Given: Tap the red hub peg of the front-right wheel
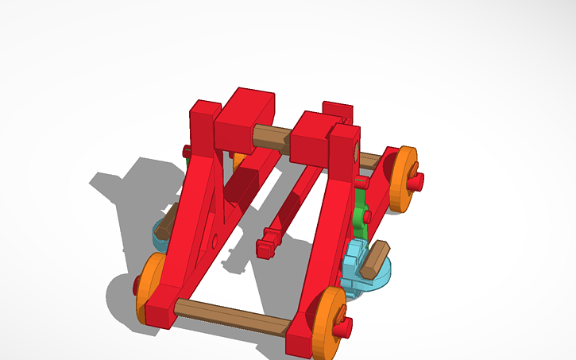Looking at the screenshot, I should [343, 326].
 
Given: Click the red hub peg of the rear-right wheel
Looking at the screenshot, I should [416, 181].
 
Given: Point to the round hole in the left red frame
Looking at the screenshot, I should [215, 239].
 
